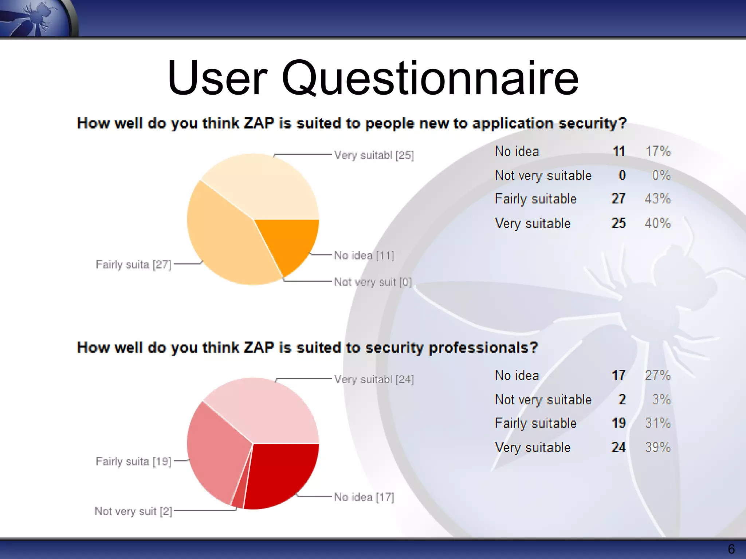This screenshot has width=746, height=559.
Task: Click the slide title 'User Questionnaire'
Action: point(373,78)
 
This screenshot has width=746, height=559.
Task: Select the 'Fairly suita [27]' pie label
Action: point(133,265)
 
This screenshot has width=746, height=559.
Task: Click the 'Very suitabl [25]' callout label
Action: point(374,155)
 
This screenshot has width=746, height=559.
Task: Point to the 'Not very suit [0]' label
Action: point(373,282)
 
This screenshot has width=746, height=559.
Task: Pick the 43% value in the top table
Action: point(657,199)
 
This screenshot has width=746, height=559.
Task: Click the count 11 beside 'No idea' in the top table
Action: point(619,151)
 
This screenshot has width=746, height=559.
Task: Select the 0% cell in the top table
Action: point(661,175)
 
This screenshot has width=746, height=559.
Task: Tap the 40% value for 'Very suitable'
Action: point(657,223)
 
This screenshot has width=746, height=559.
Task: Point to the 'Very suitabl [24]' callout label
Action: point(374,380)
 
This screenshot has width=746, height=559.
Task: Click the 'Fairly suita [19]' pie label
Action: point(133,461)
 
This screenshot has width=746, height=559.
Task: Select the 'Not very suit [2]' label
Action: point(133,511)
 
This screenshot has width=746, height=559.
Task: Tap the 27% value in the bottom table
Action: point(657,375)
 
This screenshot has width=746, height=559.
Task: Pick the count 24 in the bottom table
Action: point(619,447)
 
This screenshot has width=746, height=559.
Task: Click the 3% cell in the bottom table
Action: point(661,400)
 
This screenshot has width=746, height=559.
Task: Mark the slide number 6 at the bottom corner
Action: point(731,549)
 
